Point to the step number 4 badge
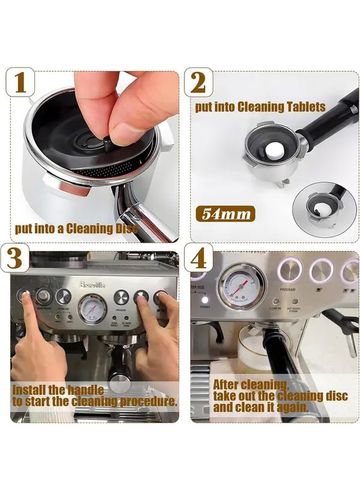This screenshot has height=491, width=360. pyautogui.click(x=199, y=258)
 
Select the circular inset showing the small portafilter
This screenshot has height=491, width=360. pyautogui.click(x=325, y=209)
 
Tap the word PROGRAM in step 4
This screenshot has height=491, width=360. pyautogui.click(x=287, y=291)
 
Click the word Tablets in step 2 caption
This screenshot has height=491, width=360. pyautogui.click(x=307, y=107)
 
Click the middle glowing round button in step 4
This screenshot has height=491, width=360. pyautogui.click(x=321, y=270)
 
